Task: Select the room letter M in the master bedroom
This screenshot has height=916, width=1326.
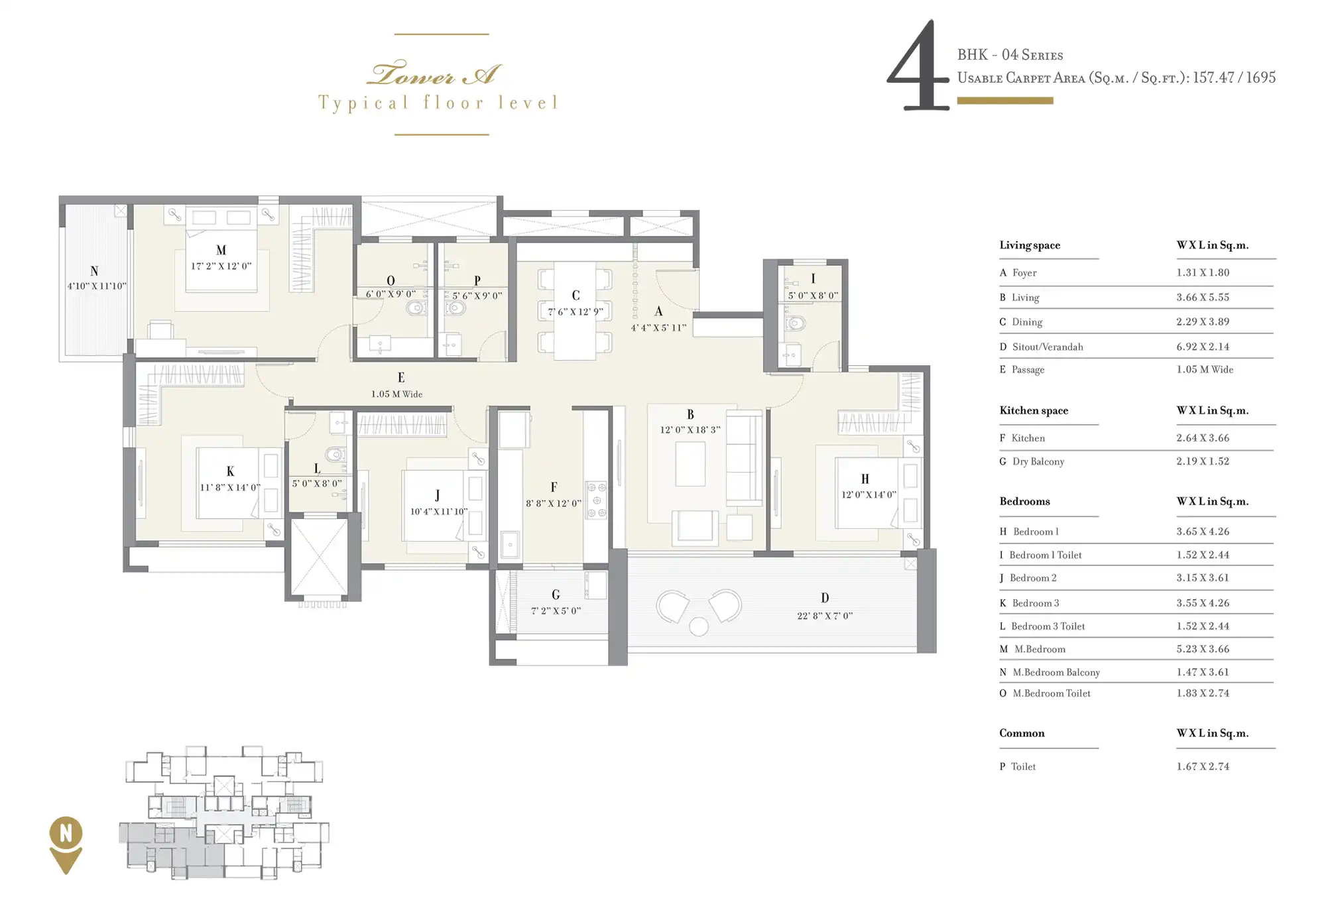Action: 221,250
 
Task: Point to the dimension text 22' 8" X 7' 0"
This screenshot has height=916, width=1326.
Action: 825,616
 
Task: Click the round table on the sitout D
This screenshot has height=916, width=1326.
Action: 699,626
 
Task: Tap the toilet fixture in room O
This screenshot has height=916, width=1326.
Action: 417,308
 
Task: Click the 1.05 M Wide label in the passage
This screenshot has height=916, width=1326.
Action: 396,394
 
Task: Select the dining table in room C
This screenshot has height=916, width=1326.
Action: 575,311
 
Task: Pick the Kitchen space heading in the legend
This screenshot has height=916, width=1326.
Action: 1034,410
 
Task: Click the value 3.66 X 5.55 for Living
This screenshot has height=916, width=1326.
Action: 1203,297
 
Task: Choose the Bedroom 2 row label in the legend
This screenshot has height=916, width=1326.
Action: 1033,578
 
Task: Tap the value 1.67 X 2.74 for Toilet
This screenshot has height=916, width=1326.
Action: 1203,766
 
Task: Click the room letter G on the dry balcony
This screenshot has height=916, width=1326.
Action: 556,595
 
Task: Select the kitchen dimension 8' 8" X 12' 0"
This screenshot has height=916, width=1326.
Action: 554,503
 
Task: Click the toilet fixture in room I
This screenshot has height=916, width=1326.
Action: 794,323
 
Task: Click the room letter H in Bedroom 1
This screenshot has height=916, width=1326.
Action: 865,479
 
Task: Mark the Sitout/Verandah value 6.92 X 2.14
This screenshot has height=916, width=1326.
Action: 1203,347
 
